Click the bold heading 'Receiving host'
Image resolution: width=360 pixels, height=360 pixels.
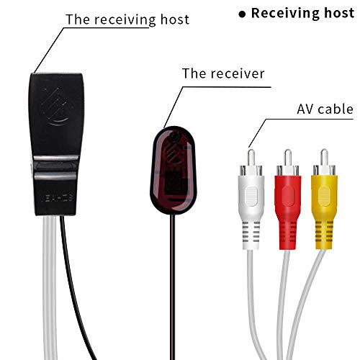pyautogui.click(x=302, y=13)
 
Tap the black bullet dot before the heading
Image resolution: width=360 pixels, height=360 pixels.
pyautogui.click(x=242, y=14)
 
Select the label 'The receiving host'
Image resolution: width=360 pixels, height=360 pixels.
pyautogui.click(x=127, y=19)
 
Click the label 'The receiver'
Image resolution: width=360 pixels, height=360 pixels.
pyautogui.click(x=223, y=73)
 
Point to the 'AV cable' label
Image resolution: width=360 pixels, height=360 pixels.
pyautogui.click(x=325, y=109)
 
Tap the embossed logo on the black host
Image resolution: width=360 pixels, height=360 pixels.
pyautogui.click(x=57, y=107)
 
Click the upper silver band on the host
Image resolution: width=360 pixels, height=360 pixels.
pyautogui.click(x=56, y=159)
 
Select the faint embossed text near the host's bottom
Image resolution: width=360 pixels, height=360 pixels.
pyautogui.click(x=57, y=198)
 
